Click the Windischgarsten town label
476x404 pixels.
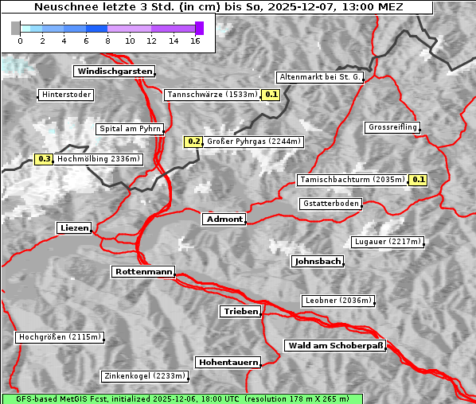[113, 72]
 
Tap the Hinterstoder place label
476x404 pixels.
[66, 95]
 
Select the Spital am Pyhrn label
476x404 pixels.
[131, 129]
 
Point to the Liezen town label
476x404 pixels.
[74, 228]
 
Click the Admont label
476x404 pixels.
[224, 219]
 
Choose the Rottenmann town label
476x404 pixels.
[142, 272]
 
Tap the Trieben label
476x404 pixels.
[240, 312]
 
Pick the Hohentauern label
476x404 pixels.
[228, 363]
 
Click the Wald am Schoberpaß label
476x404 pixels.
[334, 346]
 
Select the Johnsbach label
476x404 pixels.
[318, 262]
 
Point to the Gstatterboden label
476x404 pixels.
[330, 204]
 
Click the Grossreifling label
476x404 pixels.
[392, 127]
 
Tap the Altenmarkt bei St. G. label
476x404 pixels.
[320, 77]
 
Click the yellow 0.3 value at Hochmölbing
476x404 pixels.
[44, 159]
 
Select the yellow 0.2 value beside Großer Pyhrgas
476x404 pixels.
[193, 142]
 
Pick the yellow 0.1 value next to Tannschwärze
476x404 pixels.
[271, 95]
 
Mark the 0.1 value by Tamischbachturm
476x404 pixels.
[418, 180]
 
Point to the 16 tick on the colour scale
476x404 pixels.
[195, 40]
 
